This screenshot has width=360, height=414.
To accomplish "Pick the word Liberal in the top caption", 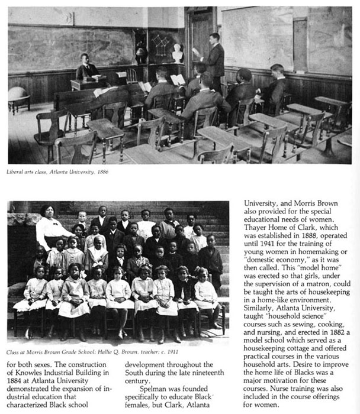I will coord(17,172).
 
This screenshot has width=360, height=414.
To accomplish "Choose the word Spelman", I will coord(156,390).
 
